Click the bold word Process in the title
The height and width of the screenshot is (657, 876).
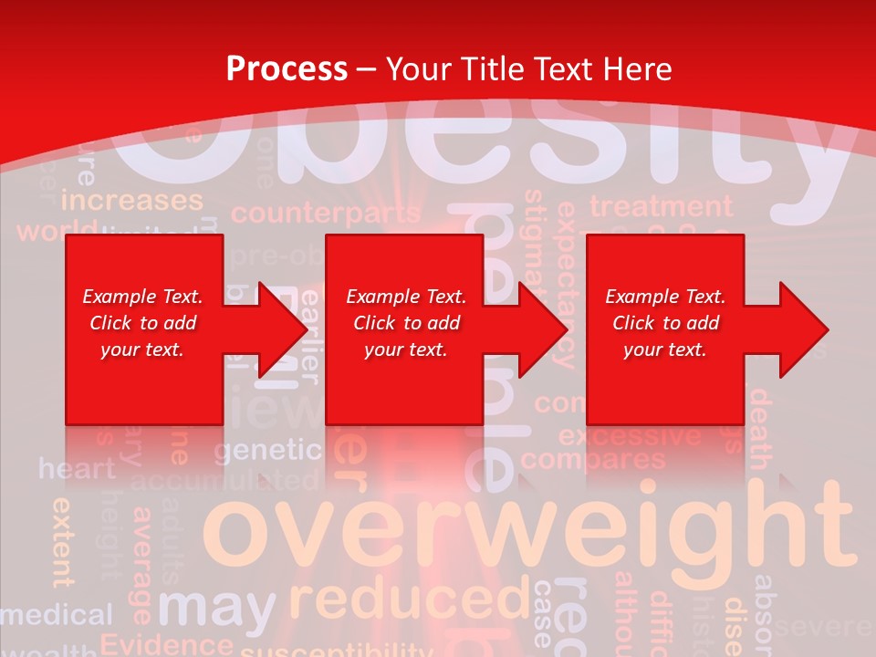pyautogui.click(x=287, y=69)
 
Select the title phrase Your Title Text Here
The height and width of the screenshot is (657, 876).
pyautogui.click(x=529, y=69)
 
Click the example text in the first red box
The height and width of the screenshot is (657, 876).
pyautogui.click(x=142, y=323)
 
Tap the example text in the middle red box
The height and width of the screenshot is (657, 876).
pyautogui.click(x=406, y=323)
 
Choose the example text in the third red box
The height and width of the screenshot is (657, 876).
pyautogui.click(x=665, y=323)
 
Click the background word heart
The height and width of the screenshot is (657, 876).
pyautogui.click(x=78, y=469)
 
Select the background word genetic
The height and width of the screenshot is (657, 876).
pyautogui.click(x=268, y=450)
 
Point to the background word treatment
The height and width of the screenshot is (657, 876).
pyautogui.click(x=661, y=206)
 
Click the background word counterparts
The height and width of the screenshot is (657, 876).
pyautogui.click(x=325, y=214)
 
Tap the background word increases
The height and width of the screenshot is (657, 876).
pyautogui.click(x=132, y=200)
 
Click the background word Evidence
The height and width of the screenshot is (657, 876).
pyautogui.click(x=166, y=643)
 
